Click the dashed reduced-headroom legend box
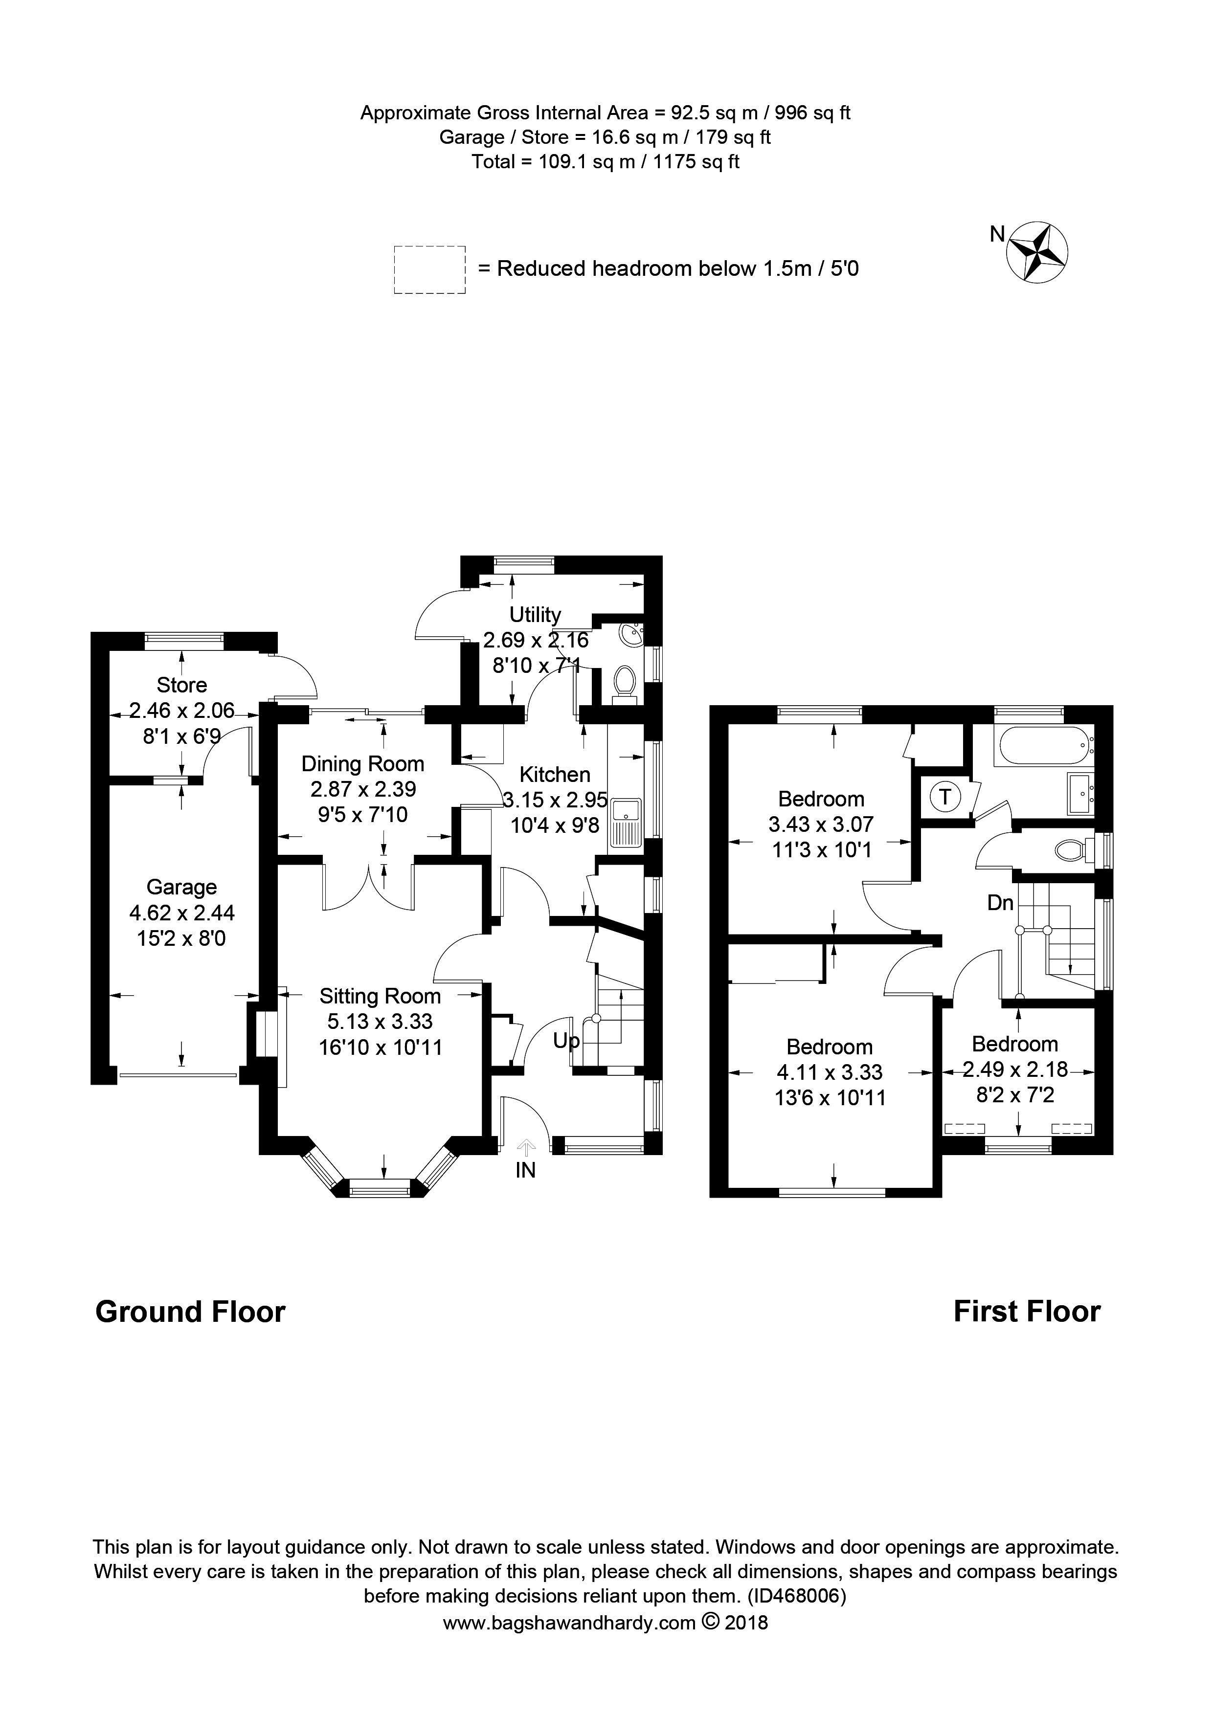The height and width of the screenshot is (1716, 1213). pyautogui.click(x=430, y=269)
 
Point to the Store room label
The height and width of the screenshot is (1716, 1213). pyautogui.click(x=181, y=685)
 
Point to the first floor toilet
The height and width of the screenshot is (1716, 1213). pyautogui.click(x=1072, y=850)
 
